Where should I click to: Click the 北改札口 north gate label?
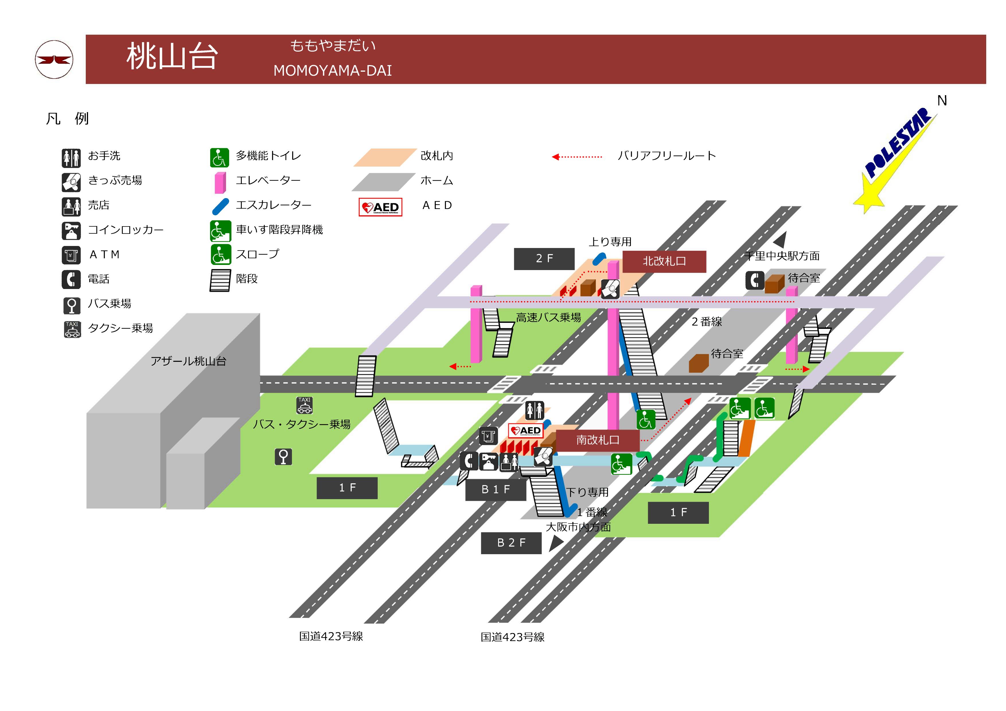click(x=664, y=261)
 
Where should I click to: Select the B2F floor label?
click(x=511, y=543)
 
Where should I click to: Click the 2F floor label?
click(x=544, y=259)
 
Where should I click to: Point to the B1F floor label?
click(x=496, y=489)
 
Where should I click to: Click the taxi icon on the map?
click(x=305, y=405)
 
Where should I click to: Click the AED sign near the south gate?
click(x=526, y=431)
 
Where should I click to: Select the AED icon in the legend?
click(x=380, y=207)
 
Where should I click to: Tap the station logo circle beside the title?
click(x=54, y=60)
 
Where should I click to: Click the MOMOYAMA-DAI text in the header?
click(x=333, y=71)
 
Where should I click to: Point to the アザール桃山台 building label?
click(x=188, y=361)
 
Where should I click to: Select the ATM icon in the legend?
click(x=71, y=255)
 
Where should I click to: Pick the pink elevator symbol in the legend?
click(x=220, y=182)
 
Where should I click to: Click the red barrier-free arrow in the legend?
click(x=577, y=157)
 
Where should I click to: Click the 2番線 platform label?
click(x=706, y=322)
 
